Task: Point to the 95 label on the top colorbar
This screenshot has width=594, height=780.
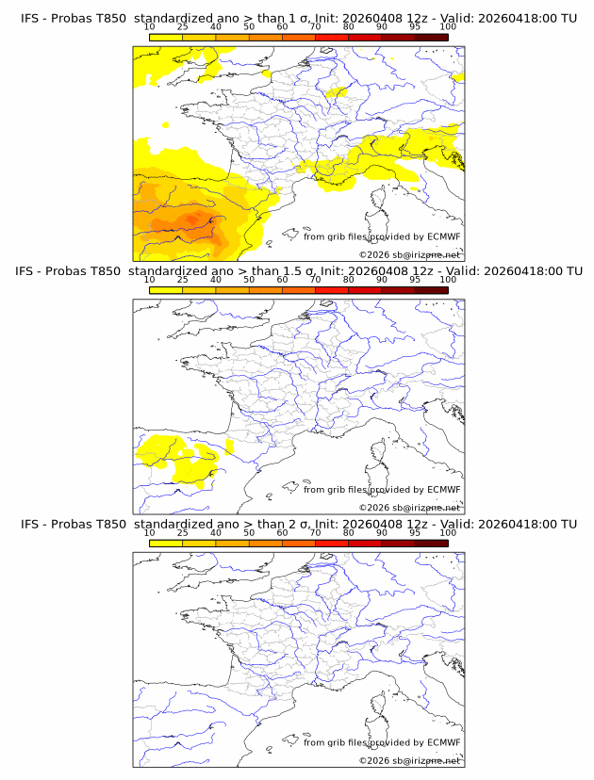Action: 415,27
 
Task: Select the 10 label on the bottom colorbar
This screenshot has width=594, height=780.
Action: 149,532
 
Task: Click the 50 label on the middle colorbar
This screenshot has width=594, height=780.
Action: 249,280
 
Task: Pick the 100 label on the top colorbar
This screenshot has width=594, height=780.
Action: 448,27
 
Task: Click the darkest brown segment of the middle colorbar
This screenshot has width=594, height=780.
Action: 431,290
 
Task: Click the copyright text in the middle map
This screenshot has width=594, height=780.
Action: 409,508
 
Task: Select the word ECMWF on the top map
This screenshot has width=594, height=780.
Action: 443,237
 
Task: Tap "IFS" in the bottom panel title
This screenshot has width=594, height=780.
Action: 32,524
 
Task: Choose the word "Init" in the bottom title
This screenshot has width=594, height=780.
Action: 333,524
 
